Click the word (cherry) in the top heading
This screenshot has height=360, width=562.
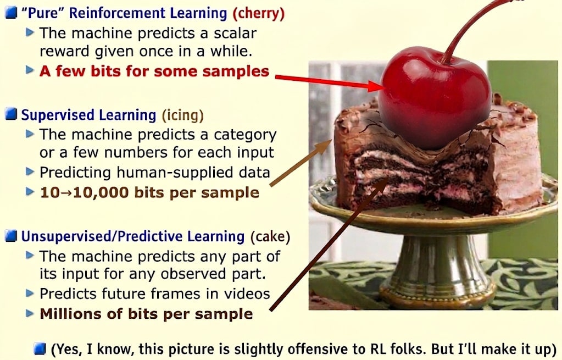pyautogui.click(x=258, y=13)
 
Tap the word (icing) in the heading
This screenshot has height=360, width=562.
pyautogui.click(x=183, y=115)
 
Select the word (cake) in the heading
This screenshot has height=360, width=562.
pyautogui.click(x=270, y=237)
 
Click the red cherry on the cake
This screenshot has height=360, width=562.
pyautogui.click(x=435, y=97)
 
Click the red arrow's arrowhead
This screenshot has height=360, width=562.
pyautogui.click(x=376, y=86)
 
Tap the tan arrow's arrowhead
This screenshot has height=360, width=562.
pyautogui.click(x=325, y=146)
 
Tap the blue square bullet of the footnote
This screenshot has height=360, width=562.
pyautogui.click(x=40, y=348)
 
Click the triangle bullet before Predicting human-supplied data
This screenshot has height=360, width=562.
pyautogui.click(x=30, y=171)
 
